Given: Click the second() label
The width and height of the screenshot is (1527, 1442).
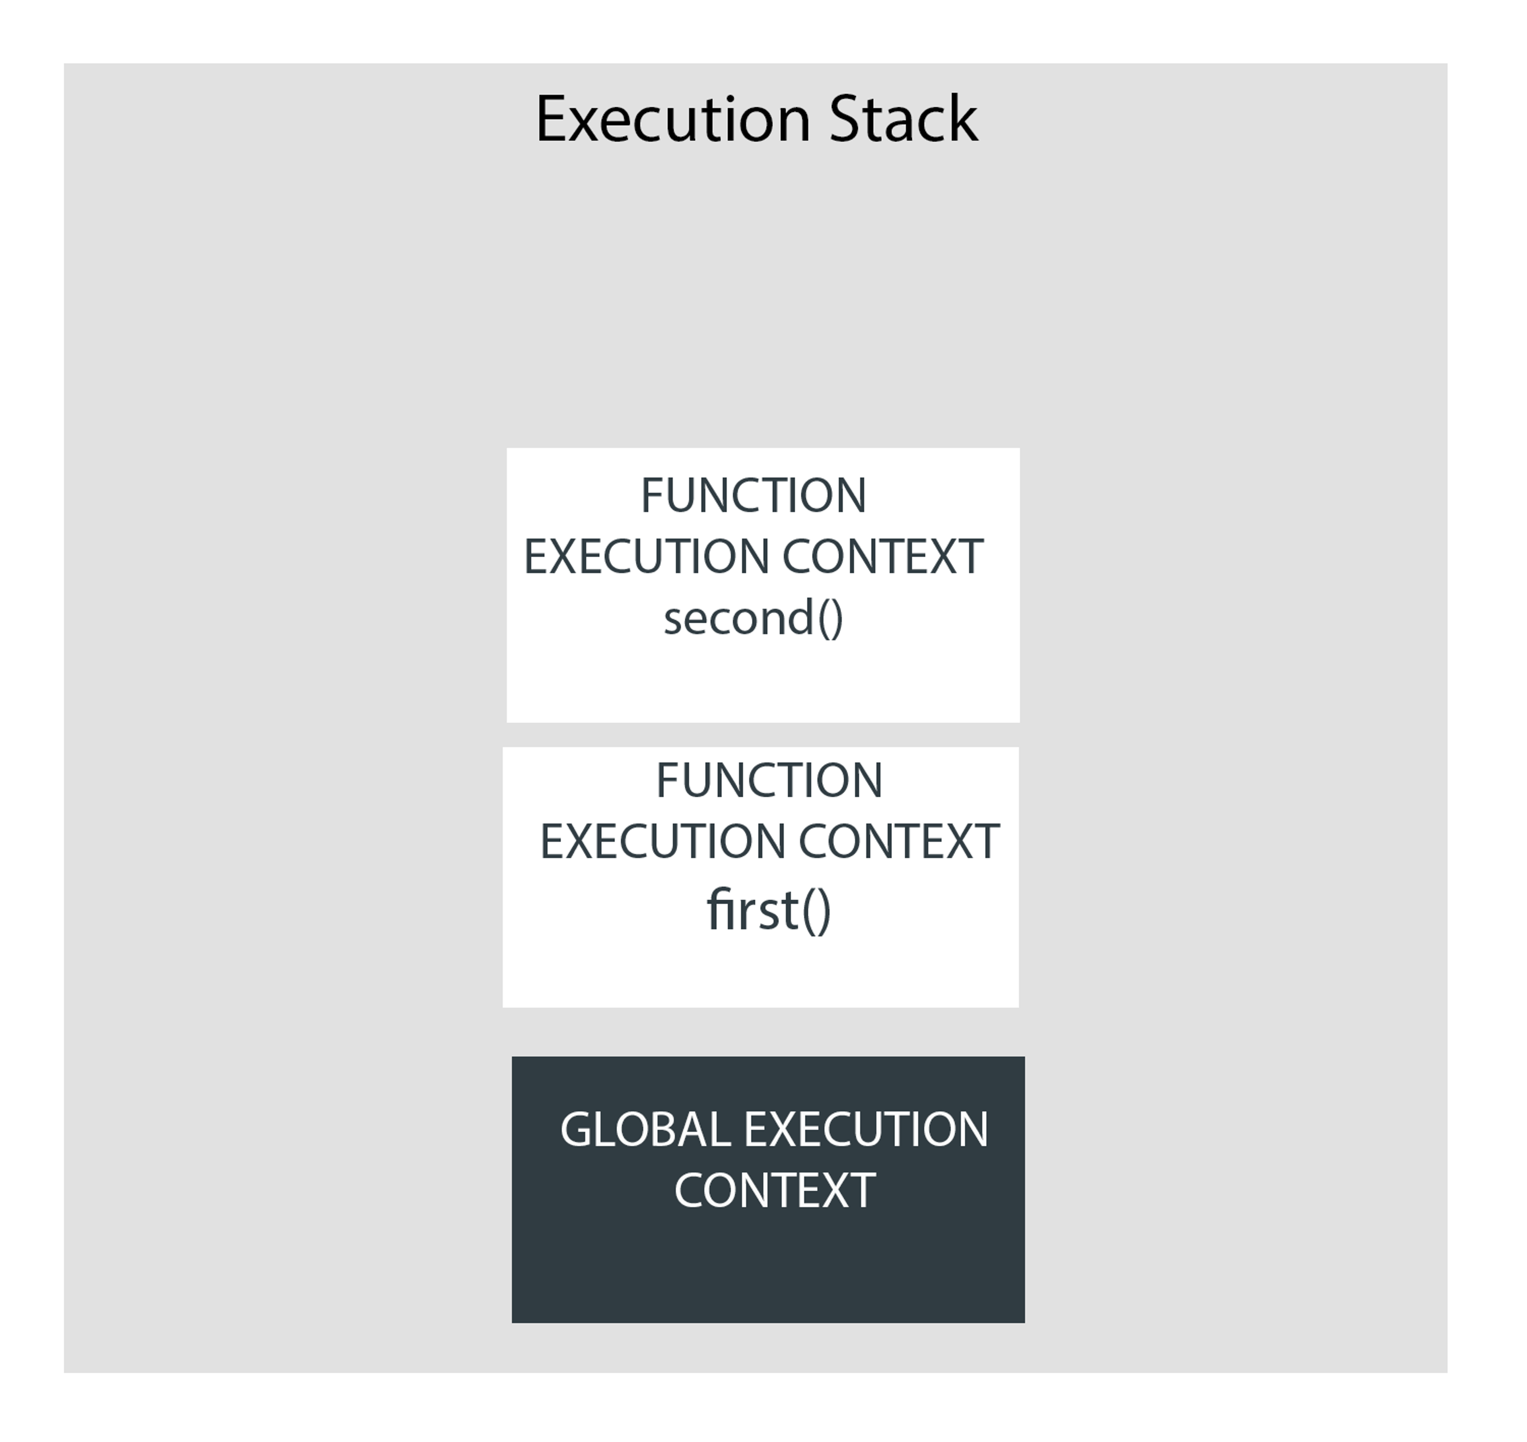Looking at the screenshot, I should pyautogui.click(x=754, y=619).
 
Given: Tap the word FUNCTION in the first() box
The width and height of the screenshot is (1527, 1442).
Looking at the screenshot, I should pyautogui.click(x=769, y=781).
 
